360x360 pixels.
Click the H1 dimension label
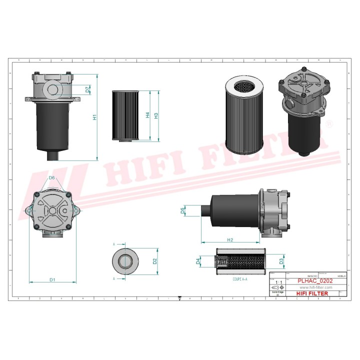(x=94, y=117)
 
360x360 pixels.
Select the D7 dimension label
(x=87, y=90)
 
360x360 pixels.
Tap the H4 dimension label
(x=147, y=115)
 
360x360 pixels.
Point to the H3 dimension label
(x=156, y=115)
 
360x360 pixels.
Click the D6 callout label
(x=51, y=178)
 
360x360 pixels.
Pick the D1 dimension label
(x=52, y=279)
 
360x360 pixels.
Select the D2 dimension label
(x=155, y=260)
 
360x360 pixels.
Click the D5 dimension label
(x=183, y=210)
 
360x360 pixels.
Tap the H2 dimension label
(x=229, y=240)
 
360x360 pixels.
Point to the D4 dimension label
(x=198, y=261)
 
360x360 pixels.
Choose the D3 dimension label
(x=281, y=260)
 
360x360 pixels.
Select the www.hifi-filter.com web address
(x=315, y=287)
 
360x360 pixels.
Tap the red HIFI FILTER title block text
(x=312, y=293)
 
